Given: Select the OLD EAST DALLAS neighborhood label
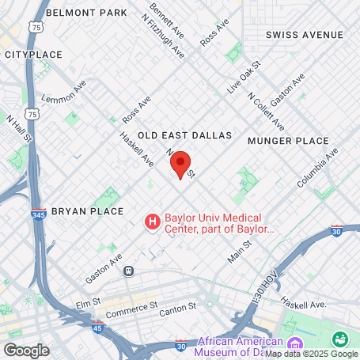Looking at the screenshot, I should click(184, 135).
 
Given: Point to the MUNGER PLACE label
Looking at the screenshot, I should click(287, 141).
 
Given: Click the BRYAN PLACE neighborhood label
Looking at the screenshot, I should click(87, 211).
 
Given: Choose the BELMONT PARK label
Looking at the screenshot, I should click(86, 13).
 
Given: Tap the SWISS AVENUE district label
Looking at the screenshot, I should click(305, 35).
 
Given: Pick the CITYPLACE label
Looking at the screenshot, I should click(33, 55).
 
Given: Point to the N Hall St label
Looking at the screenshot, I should click(17, 129).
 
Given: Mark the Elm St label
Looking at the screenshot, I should click(85, 301).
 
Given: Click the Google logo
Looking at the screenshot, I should click(26, 350).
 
